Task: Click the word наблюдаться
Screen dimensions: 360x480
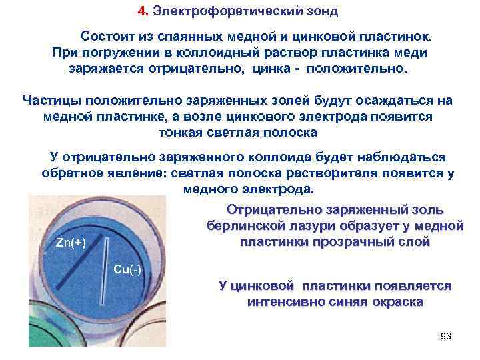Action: (x=395, y=157)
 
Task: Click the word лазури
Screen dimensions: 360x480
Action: (x=311, y=225)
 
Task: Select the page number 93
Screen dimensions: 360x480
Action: (x=446, y=335)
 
